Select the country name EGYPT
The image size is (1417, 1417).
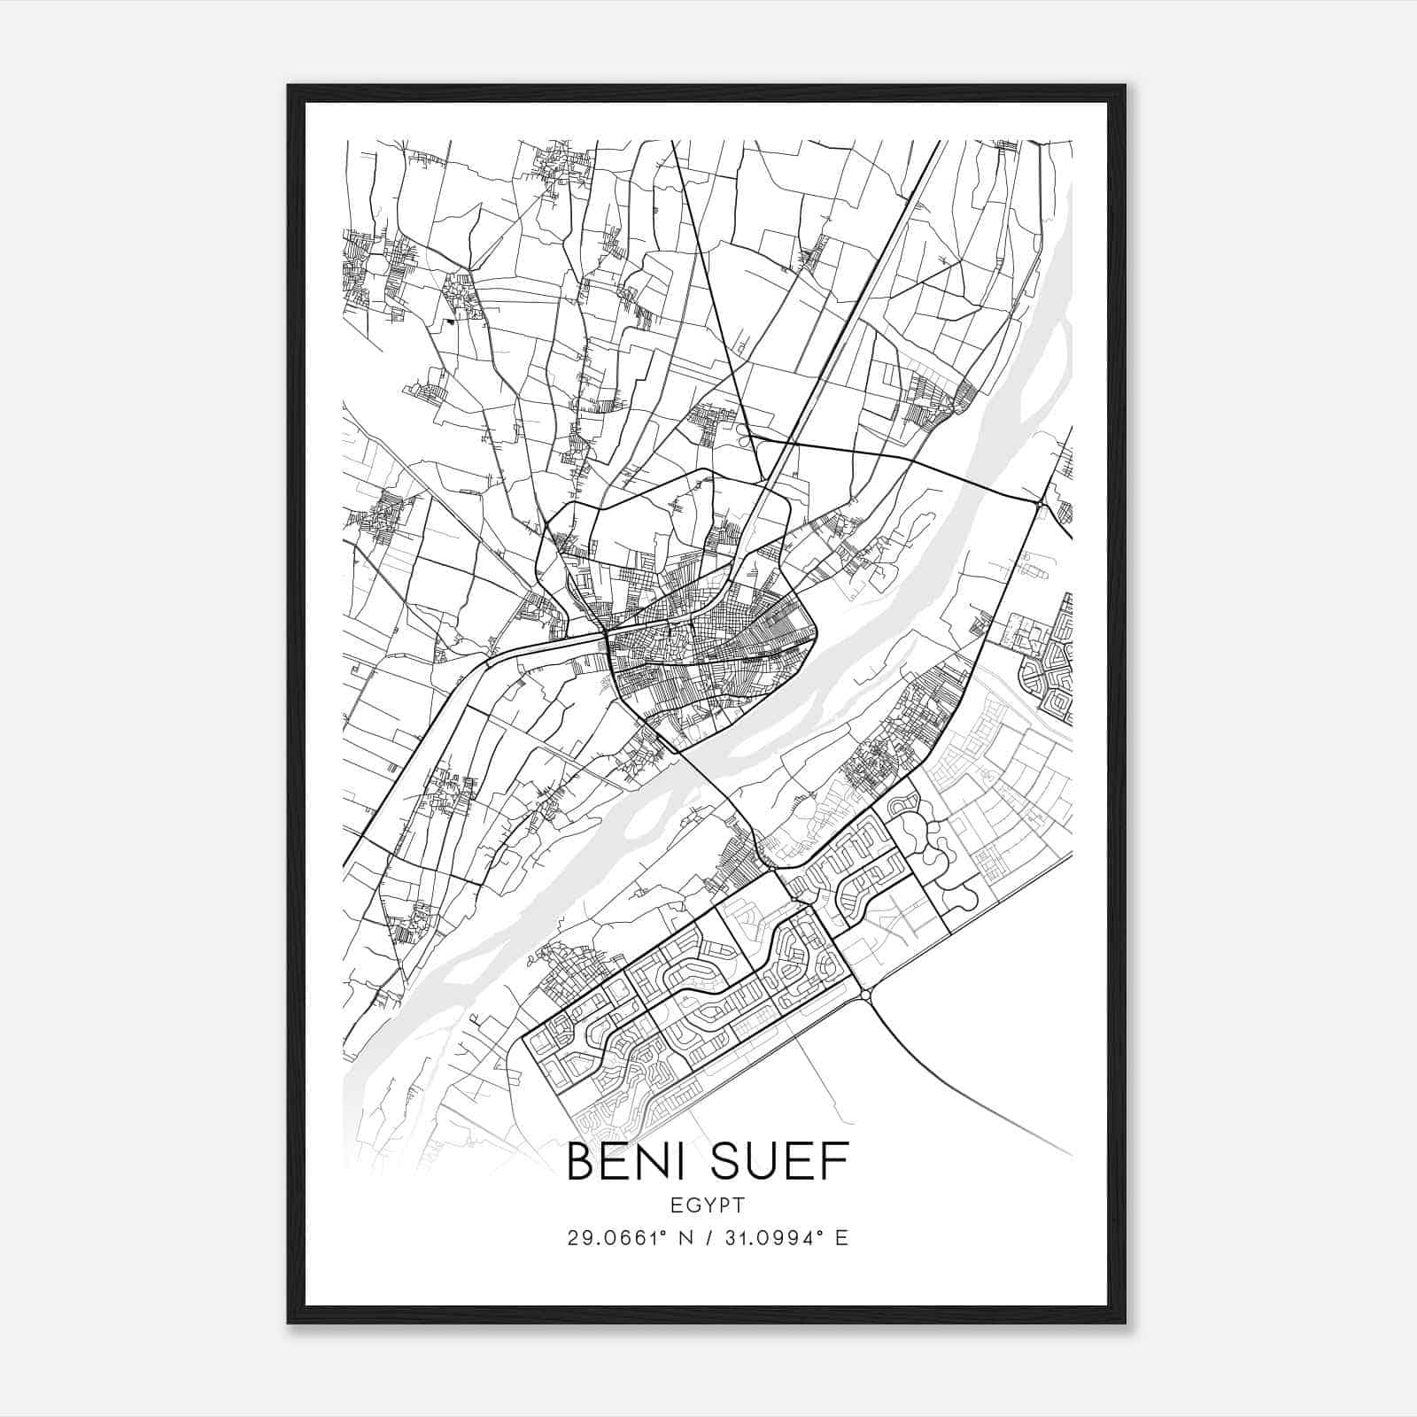(708, 1204)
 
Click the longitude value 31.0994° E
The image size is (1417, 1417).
(785, 1237)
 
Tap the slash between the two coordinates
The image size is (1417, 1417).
(708, 1237)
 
